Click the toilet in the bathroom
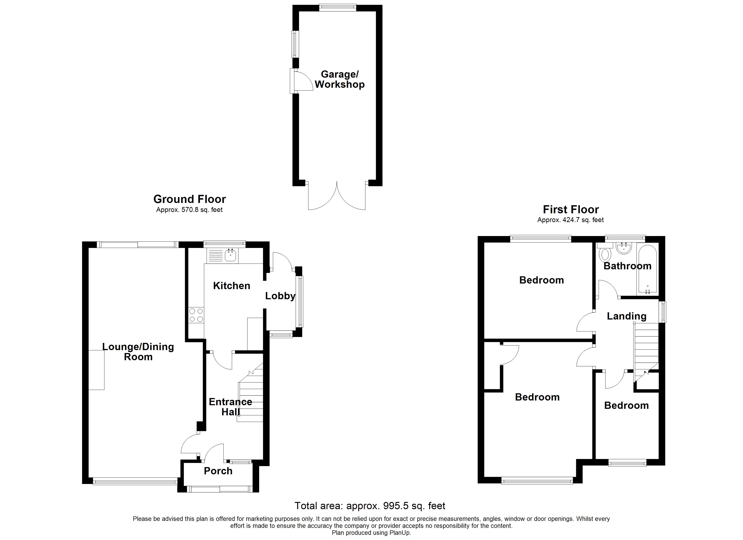point(605,254)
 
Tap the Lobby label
point(280,296)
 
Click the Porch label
point(218,471)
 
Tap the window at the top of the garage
point(338,7)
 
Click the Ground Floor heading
point(189,199)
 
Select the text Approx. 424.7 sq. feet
point(570,220)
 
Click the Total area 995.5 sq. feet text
point(369,506)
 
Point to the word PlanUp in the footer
point(400,533)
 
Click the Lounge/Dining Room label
point(138,351)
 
